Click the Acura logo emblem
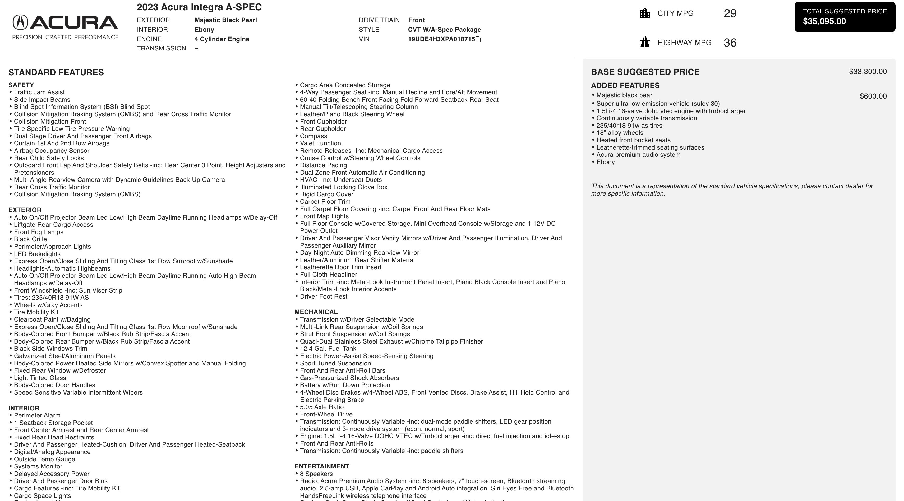(20, 22)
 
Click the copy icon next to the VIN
(478, 39)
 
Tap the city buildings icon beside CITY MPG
(645, 13)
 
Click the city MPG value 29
(730, 13)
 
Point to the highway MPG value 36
(730, 43)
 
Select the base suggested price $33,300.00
(868, 72)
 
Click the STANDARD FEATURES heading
(56, 72)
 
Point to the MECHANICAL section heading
(316, 312)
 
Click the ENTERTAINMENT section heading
(321, 466)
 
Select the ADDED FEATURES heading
(625, 86)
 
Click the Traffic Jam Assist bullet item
(39, 92)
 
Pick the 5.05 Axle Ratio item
(321, 407)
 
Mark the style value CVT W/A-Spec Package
(444, 30)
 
